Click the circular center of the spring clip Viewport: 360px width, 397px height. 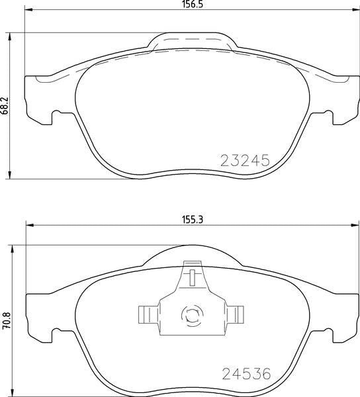192,315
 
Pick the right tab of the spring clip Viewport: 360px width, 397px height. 238,314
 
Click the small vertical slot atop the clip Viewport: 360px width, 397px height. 191,277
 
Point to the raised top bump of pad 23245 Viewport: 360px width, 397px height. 192,41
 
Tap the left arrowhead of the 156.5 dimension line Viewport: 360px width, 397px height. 28,12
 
